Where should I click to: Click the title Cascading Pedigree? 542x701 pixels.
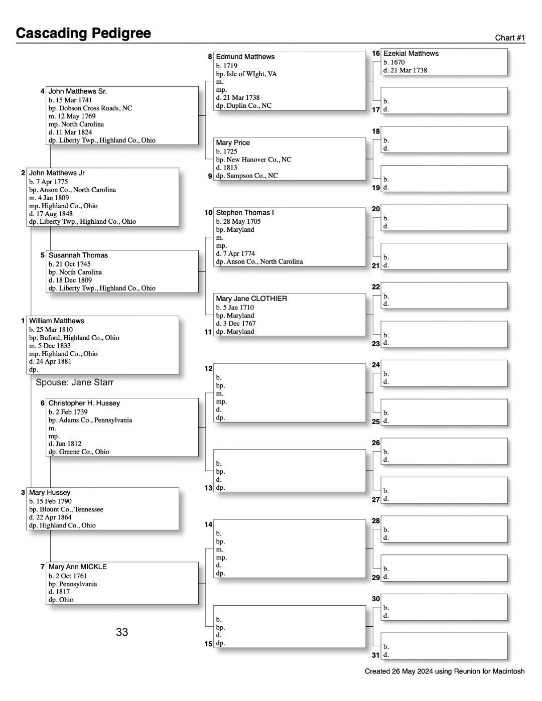pos(83,33)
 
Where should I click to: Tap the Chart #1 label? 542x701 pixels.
pos(509,38)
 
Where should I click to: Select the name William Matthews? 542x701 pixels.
pos(57,321)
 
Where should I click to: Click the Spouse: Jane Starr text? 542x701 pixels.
pos(75,382)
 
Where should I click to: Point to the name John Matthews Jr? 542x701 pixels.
pos(57,173)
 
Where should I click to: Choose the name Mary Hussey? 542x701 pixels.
pos(50,492)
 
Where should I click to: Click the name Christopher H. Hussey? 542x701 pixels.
pos(84,403)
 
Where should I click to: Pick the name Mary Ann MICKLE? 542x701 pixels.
pos(77,567)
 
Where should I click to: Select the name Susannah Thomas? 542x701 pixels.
pos(78,255)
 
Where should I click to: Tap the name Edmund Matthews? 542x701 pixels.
pos(245,57)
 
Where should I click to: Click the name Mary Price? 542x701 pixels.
pos(232,143)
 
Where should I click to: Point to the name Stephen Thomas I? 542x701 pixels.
pos(244,213)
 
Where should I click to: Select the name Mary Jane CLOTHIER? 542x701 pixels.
pos(251,299)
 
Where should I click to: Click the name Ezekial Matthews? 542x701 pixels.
pos(411,53)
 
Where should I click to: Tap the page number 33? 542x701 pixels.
pos(122,632)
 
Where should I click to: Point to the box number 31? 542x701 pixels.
pos(376,655)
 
